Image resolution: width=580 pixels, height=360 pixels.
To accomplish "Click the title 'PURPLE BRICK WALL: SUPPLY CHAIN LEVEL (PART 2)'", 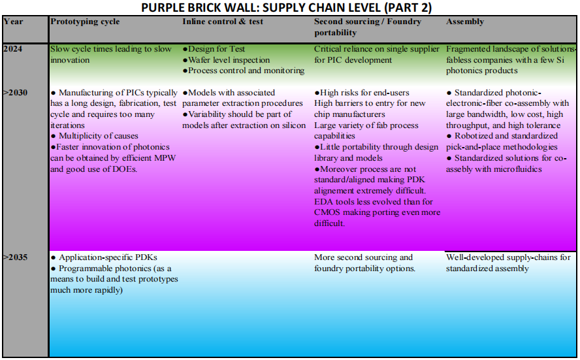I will (289, 7).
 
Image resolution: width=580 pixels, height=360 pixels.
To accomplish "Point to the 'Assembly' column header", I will (465, 22).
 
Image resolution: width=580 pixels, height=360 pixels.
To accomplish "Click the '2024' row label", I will (13, 49).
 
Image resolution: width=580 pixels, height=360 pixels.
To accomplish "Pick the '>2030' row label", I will (15, 93).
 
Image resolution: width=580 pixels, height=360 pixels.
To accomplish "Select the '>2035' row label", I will (15, 257).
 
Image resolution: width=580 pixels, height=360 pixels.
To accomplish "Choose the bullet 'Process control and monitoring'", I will (246, 71).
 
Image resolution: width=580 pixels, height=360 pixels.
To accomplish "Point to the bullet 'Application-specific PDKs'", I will (108, 257).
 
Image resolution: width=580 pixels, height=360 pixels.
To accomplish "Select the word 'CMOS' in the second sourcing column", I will (331, 212).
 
